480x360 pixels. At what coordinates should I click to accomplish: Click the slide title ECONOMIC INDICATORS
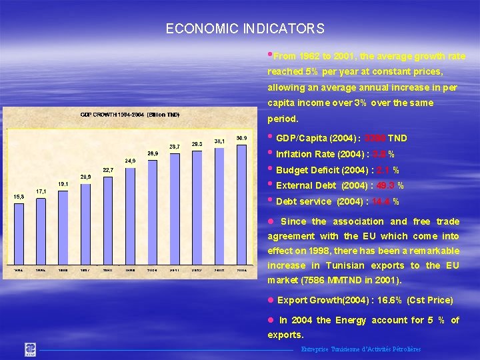pos(245,29)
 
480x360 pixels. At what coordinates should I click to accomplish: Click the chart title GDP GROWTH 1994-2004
pos(130,115)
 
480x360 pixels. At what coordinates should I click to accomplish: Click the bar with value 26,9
pos(153,210)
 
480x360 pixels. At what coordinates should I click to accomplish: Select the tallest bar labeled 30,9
pos(242,200)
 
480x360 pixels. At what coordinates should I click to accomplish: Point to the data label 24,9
pos(130,161)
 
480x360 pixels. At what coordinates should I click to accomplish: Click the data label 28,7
pos(175,146)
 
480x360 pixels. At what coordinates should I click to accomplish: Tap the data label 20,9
pos(85,177)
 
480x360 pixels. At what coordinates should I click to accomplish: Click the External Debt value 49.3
pos(386,186)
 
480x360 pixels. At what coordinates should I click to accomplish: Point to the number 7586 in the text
pos(316,280)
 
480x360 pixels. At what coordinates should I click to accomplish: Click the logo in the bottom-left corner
pos(31,349)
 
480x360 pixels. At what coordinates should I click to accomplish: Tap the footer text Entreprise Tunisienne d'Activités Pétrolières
pos(361,349)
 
